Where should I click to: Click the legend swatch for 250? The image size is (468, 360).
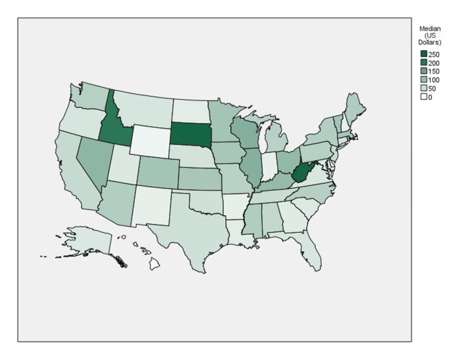point(423,55)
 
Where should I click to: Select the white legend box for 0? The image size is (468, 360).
point(423,97)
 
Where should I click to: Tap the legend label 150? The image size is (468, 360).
point(434,72)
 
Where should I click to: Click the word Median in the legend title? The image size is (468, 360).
point(429,29)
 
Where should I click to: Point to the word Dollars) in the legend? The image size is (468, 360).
point(429,42)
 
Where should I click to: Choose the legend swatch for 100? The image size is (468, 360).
point(423,80)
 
